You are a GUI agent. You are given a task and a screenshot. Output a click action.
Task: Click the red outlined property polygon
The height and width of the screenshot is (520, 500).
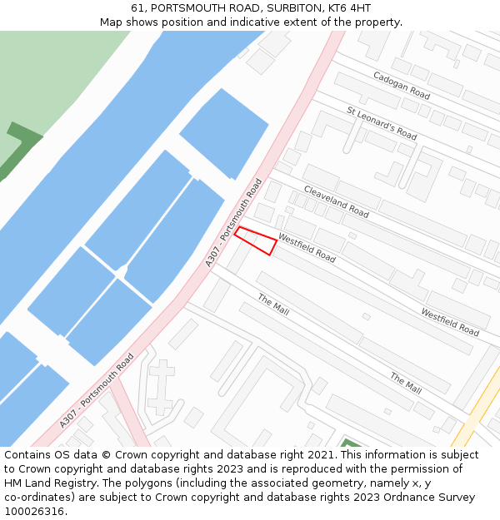[x=255, y=240]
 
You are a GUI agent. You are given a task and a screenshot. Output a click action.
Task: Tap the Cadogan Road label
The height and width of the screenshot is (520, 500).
[x=402, y=86]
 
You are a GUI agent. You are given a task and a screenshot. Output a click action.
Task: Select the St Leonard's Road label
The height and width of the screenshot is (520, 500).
[x=382, y=122]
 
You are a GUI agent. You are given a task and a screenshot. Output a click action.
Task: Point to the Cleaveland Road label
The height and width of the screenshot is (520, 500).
[x=336, y=201]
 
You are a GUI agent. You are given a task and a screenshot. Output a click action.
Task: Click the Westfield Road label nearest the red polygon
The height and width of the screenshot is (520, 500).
[x=307, y=248]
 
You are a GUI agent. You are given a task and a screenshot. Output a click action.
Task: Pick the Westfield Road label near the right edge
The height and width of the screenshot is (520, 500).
[x=450, y=322]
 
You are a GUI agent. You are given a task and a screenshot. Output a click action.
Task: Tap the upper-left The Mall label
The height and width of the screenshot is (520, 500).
[x=273, y=305]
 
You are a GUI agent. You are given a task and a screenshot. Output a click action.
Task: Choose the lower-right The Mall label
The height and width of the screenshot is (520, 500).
[x=406, y=383]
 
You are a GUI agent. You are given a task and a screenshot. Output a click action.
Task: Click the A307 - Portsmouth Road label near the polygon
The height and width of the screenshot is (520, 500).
[x=234, y=222]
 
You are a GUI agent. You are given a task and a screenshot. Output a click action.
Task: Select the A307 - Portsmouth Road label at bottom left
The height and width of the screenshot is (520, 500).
[x=97, y=391]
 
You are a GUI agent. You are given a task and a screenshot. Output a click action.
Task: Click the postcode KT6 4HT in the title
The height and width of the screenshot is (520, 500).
[x=352, y=8]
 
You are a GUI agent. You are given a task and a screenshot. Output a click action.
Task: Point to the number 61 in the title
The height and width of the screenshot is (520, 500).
[x=137, y=8]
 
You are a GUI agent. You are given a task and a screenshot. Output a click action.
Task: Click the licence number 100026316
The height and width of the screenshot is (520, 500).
[x=34, y=511]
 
